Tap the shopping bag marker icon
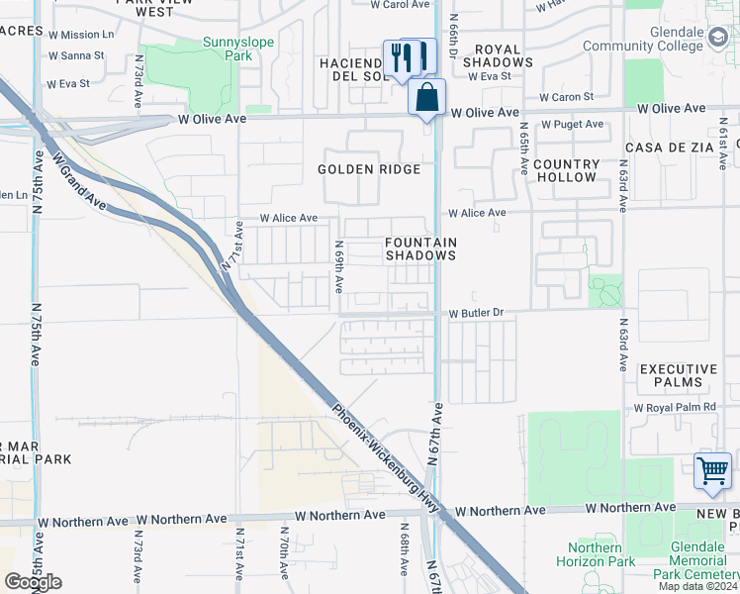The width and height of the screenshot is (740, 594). pyautogui.click(x=426, y=98)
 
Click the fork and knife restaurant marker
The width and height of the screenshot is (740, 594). pyautogui.click(x=402, y=57)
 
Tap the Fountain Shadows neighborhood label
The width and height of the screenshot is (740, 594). pyautogui.click(x=420, y=248)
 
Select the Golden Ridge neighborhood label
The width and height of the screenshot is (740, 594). pyautogui.click(x=369, y=169)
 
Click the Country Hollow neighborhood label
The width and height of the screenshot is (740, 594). pyautogui.click(x=566, y=170)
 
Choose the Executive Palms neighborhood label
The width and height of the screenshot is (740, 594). pyautogui.click(x=678, y=375)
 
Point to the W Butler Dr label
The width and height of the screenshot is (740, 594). pyautogui.click(x=476, y=313)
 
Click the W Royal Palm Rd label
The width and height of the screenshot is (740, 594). pyautogui.click(x=673, y=408)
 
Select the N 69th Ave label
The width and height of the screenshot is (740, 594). pyautogui.click(x=338, y=265)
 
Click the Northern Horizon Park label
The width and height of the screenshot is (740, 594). pyautogui.click(x=601, y=555)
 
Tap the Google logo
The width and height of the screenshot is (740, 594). pyautogui.click(x=33, y=582)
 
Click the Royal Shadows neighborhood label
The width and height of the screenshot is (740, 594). pyautogui.click(x=504, y=54)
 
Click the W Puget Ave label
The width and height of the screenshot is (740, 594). pyautogui.click(x=571, y=125)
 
